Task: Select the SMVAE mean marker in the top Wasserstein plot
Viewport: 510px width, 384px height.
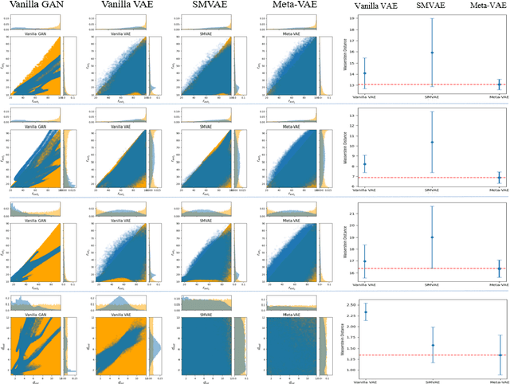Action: click(x=431, y=53)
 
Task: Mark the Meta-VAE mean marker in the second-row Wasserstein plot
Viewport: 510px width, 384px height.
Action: click(x=498, y=178)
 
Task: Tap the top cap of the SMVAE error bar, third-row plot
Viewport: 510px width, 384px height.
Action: click(x=431, y=206)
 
